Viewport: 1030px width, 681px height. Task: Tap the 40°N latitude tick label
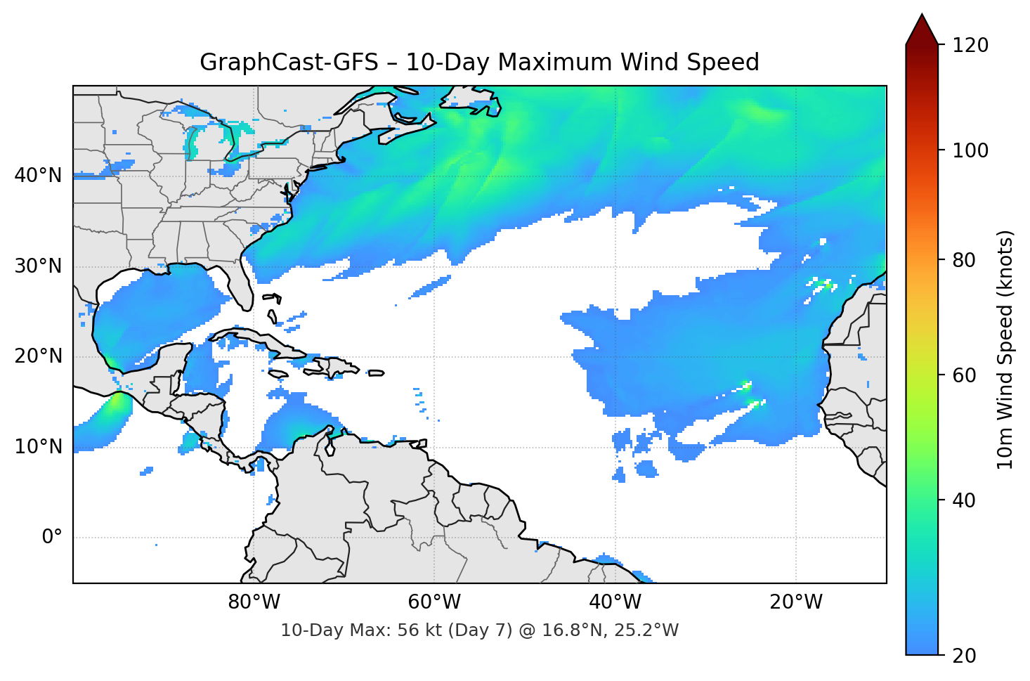point(38,176)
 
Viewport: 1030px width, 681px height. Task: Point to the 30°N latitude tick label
point(38,266)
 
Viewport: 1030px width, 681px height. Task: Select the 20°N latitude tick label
point(38,356)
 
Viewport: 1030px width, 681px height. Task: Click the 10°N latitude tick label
point(38,447)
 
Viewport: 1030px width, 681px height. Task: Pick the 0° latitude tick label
point(52,538)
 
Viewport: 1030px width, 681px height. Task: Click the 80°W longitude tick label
point(254,602)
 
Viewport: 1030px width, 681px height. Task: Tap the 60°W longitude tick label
point(434,602)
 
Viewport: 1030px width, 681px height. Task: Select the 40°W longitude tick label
point(615,602)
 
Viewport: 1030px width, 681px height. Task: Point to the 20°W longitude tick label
point(795,602)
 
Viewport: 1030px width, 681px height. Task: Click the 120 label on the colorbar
point(970,46)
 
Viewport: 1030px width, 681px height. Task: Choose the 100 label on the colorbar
point(970,150)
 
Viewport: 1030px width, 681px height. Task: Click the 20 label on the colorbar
point(964,656)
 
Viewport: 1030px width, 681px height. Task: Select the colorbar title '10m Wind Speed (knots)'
point(1005,349)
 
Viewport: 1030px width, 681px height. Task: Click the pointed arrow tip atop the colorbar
point(922,17)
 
